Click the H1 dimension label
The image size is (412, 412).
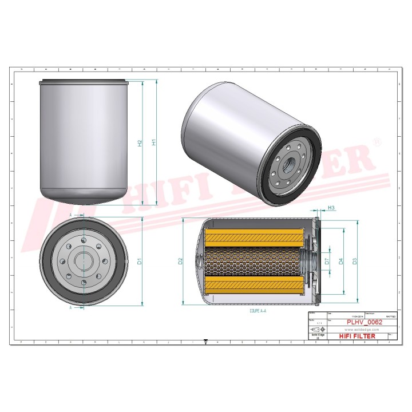[x=153, y=143]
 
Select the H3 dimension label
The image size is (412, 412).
[x=331, y=208]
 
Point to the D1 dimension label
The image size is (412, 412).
[x=139, y=262]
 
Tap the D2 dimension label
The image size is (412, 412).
[x=180, y=262]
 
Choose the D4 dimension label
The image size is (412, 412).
[x=340, y=262]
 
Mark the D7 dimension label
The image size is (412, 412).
[x=327, y=262]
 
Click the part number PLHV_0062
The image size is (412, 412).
[x=364, y=322]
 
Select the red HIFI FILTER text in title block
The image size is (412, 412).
[x=358, y=336]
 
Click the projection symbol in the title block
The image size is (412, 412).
[x=316, y=331]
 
